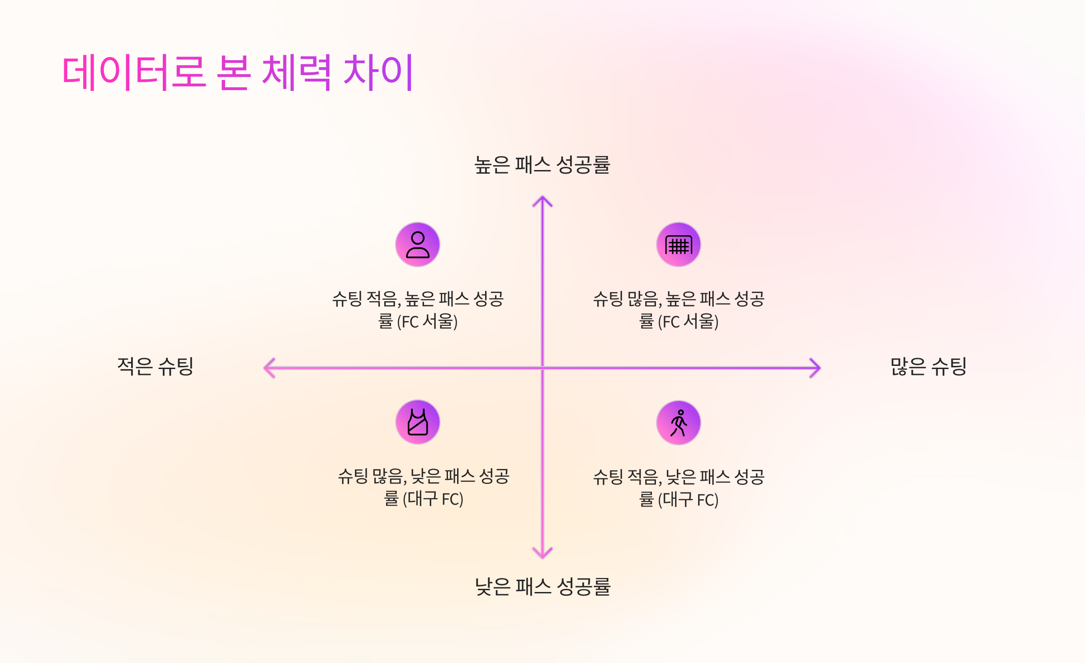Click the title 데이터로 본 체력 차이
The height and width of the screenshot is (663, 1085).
(x=238, y=72)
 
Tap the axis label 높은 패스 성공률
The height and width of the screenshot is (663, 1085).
(x=542, y=165)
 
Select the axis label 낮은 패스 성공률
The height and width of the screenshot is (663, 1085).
(x=542, y=587)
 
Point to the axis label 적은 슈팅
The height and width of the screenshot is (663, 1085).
(x=155, y=366)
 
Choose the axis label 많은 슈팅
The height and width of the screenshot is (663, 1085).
(x=929, y=366)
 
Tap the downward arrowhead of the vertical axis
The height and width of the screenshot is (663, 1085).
(x=542, y=554)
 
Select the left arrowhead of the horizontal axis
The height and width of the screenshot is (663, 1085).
(x=269, y=368)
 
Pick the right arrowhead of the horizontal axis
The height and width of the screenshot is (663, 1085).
(x=816, y=368)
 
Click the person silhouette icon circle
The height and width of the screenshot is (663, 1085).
(x=418, y=245)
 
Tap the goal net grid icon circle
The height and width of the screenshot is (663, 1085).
(x=679, y=245)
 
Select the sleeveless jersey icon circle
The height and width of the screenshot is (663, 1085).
(x=418, y=422)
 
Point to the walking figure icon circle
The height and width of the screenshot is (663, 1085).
(x=679, y=423)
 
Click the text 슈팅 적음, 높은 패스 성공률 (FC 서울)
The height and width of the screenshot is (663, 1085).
(x=418, y=310)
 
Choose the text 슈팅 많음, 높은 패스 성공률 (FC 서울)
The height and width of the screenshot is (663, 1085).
(x=679, y=310)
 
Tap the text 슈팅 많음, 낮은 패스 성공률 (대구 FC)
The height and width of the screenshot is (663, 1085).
(x=424, y=487)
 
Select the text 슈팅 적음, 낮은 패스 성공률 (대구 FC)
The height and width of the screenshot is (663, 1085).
(x=679, y=488)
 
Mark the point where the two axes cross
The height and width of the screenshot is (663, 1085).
(x=542, y=368)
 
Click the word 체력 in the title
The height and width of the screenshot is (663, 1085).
(x=296, y=72)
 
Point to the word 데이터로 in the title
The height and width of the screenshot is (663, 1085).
(x=134, y=72)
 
